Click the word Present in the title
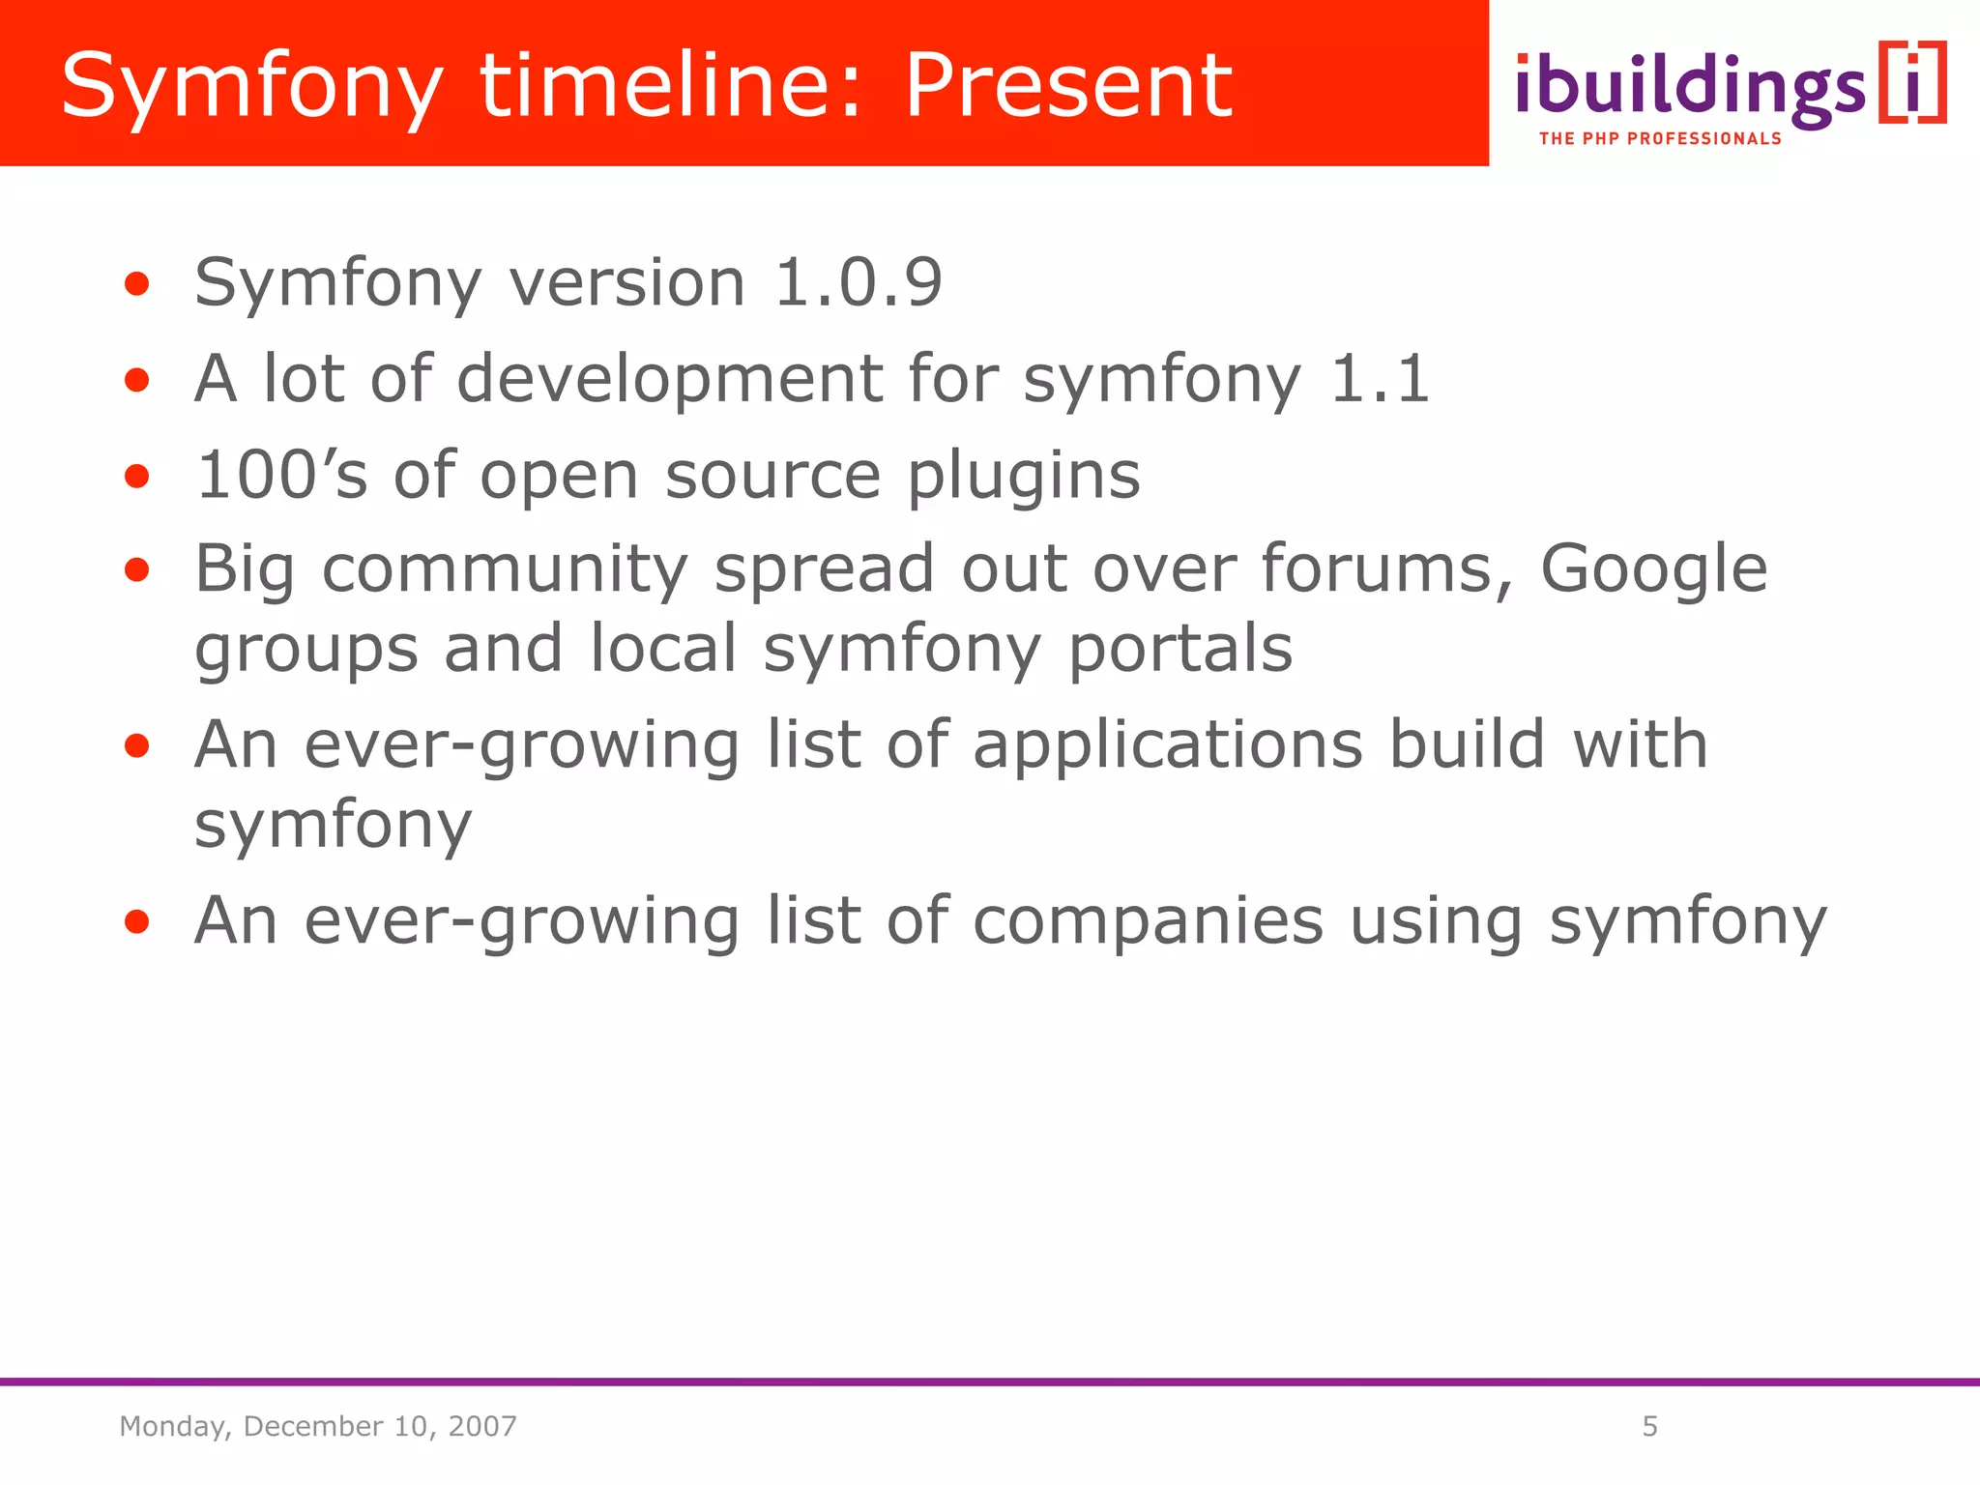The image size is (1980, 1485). click(x=1068, y=87)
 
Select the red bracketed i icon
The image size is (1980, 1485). click(x=1912, y=83)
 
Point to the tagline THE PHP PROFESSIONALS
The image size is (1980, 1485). click(x=1659, y=139)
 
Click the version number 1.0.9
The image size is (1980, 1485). click(x=858, y=283)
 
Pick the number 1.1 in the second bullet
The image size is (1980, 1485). click(x=1379, y=378)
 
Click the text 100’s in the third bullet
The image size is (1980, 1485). click(x=281, y=475)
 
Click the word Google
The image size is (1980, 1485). click(x=1653, y=569)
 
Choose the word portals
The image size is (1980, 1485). click(x=1179, y=650)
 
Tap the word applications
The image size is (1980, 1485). click(x=1167, y=746)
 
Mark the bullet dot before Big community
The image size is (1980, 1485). click(x=137, y=570)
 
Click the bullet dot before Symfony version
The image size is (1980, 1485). click(x=137, y=284)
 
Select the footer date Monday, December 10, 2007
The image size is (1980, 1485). click(x=318, y=1426)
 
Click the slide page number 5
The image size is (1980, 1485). click(x=1649, y=1426)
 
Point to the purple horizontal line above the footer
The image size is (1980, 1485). click(x=990, y=1383)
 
